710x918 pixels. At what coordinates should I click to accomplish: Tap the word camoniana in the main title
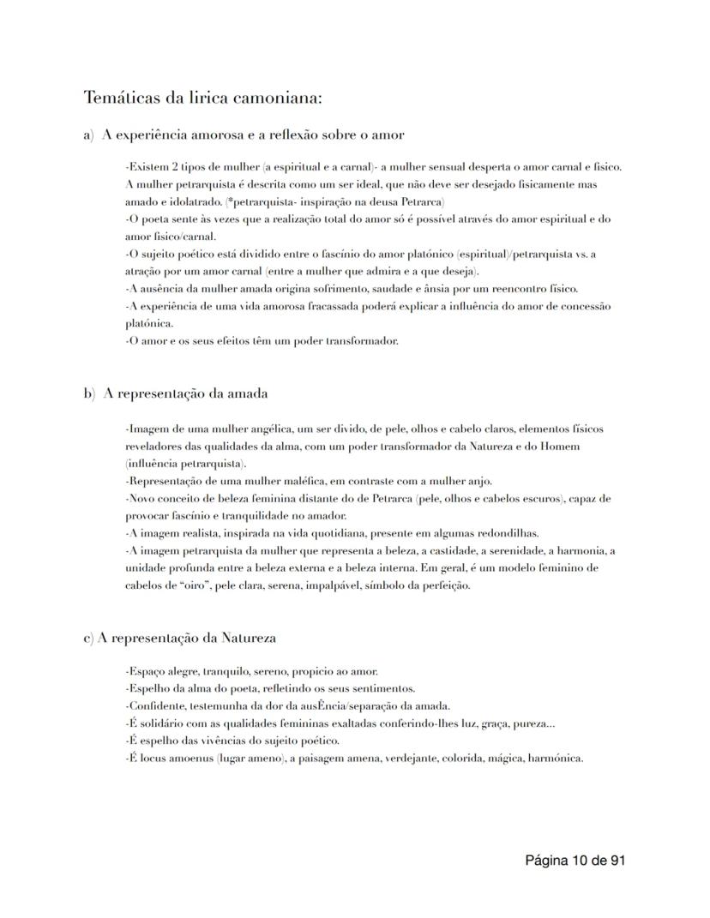[274, 97]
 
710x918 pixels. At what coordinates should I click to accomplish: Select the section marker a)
[89, 135]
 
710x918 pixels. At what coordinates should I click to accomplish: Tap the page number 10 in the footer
[581, 860]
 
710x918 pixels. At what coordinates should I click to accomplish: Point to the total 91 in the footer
[614, 860]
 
